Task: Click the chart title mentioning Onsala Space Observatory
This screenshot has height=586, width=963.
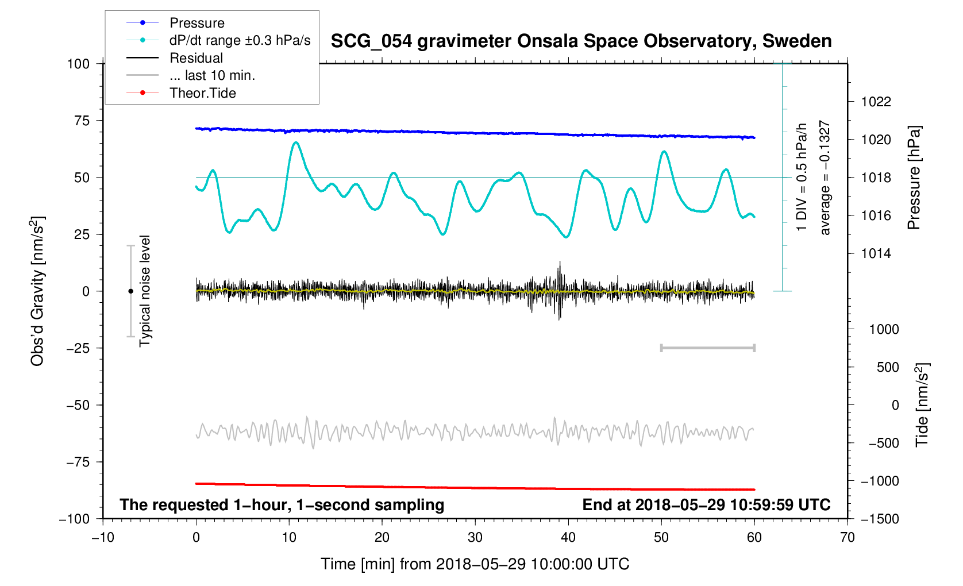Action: (x=581, y=41)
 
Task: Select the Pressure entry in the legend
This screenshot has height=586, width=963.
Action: (x=197, y=23)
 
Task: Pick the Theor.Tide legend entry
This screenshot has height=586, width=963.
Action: (x=202, y=93)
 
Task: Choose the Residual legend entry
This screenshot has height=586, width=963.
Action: (x=196, y=58)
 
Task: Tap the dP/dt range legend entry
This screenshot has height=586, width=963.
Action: (x=240, y=40)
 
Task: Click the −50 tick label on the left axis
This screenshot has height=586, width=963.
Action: (x=78, y=405)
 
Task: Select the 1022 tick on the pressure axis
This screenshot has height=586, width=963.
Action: (x=876, y=102)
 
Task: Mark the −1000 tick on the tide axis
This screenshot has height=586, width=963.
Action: (x=879, y=481)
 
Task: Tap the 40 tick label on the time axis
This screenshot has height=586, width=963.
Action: (x=568, y=537)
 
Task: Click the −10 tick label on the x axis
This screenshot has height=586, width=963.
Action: (x=103, y=537)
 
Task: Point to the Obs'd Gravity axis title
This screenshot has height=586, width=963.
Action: (x=37, y=291)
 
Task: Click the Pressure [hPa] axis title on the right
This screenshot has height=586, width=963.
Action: (x=914, y=178)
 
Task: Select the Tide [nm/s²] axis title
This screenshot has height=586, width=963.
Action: (x=922, y=405)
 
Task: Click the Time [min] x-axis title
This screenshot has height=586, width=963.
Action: (x=475, y=564)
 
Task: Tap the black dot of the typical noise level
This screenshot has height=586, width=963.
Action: (x=130, y=291)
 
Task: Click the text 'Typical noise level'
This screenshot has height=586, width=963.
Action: (x=145, y=291)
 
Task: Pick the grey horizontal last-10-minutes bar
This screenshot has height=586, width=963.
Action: (x=707, y=348)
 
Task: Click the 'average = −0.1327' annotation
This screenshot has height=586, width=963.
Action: (x=825, y=178)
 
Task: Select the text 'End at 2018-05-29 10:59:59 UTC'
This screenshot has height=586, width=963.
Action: (x=706, y=505)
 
